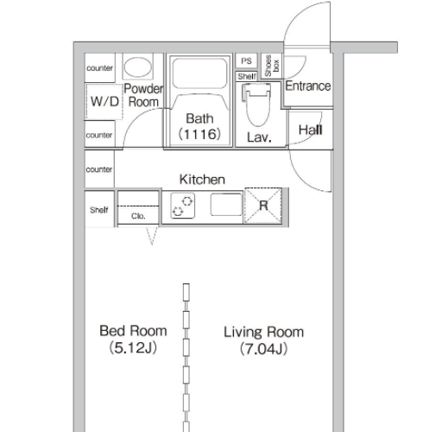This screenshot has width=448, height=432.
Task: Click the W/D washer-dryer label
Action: point(104,101)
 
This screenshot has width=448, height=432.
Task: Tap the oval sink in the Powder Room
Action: point(138,67)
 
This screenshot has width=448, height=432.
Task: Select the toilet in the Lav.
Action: point(257,105)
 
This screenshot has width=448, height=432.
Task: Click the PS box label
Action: point(246,61)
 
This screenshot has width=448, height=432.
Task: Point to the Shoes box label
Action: point(272,66)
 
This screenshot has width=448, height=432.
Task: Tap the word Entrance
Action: point(308,86)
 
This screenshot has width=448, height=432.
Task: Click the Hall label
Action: point(310,130)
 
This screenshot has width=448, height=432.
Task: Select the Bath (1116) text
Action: point(199,126)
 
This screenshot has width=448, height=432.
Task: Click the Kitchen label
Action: point(202,180)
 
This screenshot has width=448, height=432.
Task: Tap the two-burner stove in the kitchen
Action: point(183,206)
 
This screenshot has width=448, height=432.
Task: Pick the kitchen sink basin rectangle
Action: point(226,205)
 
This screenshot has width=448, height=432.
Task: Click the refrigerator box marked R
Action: point(263,206)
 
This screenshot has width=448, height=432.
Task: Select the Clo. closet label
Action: point(138,216)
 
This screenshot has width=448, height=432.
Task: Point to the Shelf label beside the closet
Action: point(99,210)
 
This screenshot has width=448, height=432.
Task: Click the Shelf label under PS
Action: point(247,76)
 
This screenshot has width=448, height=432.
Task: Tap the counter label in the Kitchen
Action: point(99,169)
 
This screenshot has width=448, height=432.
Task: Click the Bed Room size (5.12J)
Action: point(133,348)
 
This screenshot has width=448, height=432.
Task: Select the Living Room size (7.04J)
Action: point(263,349)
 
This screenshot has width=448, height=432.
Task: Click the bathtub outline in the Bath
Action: point(199,73)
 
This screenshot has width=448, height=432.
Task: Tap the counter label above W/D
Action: point(99,68)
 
